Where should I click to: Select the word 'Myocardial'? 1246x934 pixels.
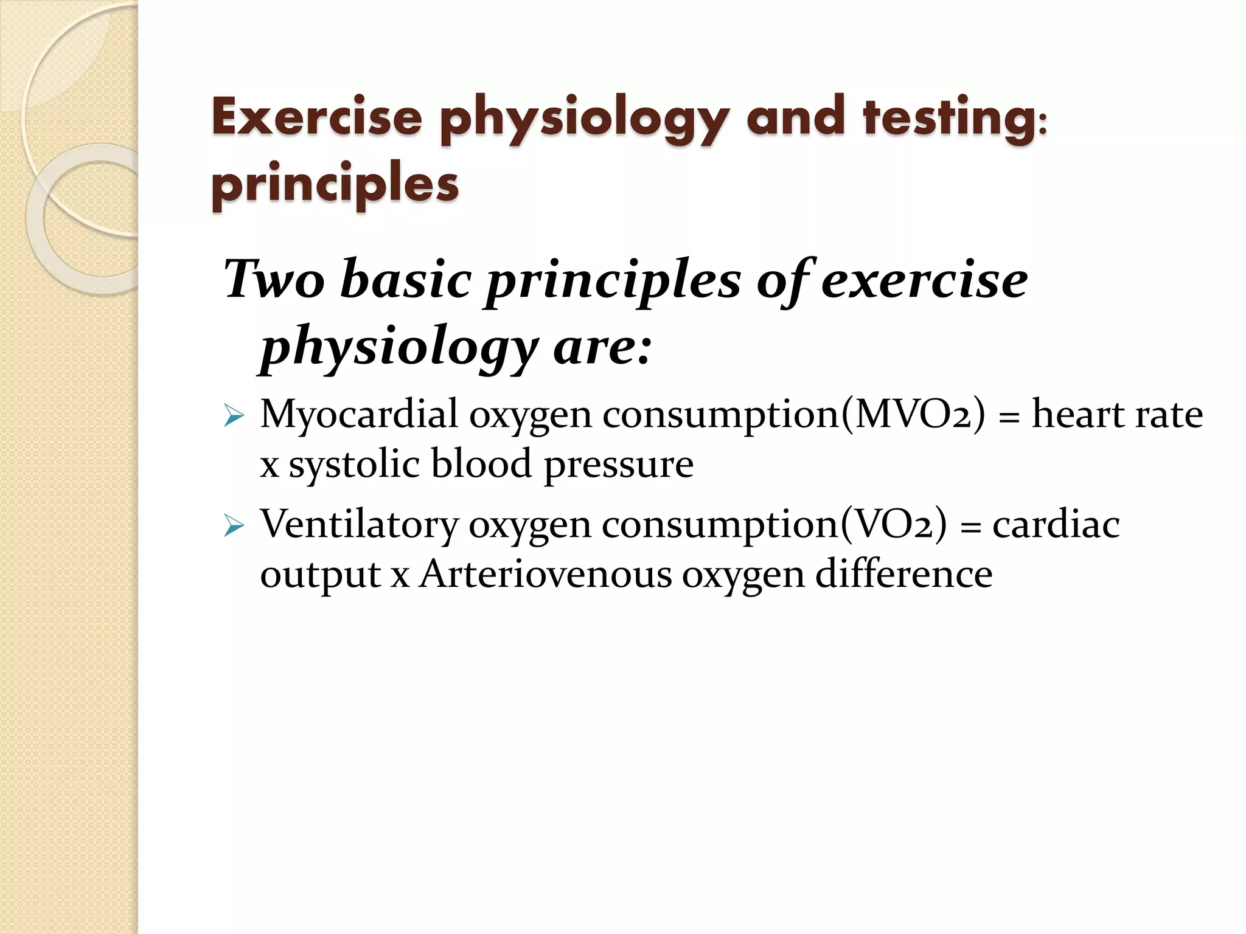point(358,414)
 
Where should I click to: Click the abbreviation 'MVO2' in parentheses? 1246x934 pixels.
point(912,414)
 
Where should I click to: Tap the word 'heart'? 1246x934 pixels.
point(1079,414)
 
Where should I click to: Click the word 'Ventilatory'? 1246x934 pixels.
point(359,524)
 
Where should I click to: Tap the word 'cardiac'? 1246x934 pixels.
point(1056,524)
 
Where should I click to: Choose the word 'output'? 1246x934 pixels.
point(320,575)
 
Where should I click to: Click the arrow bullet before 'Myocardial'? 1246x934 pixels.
point(234,416)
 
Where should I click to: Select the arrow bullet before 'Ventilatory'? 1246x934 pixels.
point(234,525)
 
